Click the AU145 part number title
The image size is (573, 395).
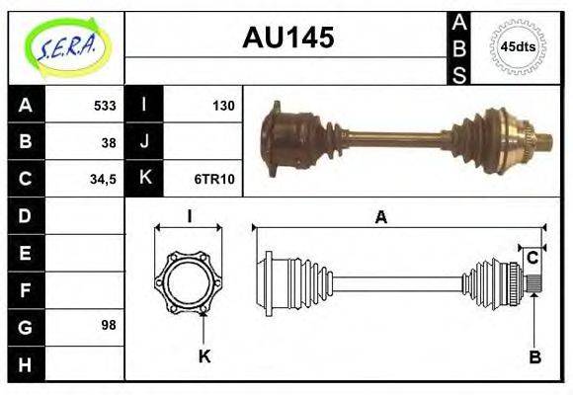point(288,39)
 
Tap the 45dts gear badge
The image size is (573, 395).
point(517,46)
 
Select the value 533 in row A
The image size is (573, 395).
point(105,106)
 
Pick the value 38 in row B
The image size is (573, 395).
point(109,141)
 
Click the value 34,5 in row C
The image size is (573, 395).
point(103,179)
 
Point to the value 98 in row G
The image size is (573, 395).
point(109,325)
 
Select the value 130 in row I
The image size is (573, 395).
point(223,106)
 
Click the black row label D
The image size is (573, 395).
point(25,215)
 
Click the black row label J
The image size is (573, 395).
point(144,141)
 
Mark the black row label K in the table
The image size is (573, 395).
point(144,179)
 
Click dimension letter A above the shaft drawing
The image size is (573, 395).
point(380,218)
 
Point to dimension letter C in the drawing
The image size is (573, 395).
point(532,258)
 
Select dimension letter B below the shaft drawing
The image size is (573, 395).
point(533,357)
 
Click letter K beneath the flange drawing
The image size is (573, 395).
point(205,356)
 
